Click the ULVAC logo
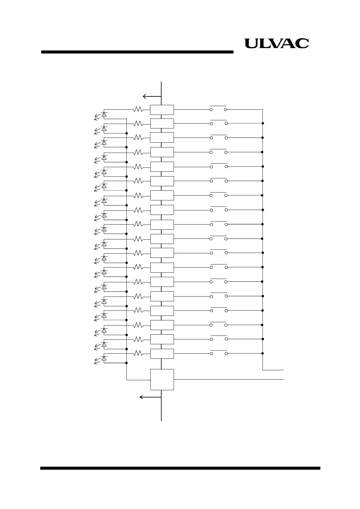(x=277, y=44)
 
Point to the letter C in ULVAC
(x=302, y=44)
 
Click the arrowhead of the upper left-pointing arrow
(x=144, y=96)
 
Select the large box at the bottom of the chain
(x=162, y=379)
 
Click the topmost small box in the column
(x=162, y=110)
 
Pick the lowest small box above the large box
(x=162, y=354)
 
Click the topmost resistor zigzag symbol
(x=138, y=109)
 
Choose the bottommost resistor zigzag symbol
(x=138, y=353)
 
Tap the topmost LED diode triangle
(x=104, y=114)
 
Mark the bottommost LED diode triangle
(x=104, y=358)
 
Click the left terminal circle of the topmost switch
(x=211, y=109)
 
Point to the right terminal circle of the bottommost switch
(x=226, y=353)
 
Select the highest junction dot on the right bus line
(x=263, y=123)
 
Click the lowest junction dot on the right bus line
(x=263, y=353)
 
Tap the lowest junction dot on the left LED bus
(x=126, y=363)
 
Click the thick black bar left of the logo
(x=137, y=52)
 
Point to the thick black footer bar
(x=180, y=468)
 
